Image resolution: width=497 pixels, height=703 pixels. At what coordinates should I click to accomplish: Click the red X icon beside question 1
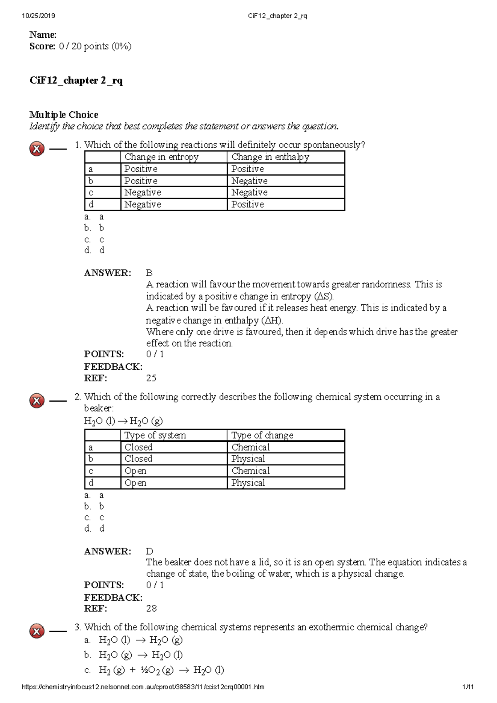pyautogui.click(x=37, y=149)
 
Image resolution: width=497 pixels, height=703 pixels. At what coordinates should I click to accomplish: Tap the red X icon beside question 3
pyautogui.click(x=37, y=631)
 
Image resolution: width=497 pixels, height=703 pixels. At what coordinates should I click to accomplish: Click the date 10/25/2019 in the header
pyautogui.click(x=38, y=16)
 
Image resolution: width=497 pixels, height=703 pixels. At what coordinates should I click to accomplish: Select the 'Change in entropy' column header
pyautogui.click(x=162, y=157)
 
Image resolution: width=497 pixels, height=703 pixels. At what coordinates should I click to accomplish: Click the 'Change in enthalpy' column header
pyautogui.click(x=270, y=157)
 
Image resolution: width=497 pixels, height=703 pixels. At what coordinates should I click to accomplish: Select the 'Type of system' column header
pyautogui.click(x=155, y=435)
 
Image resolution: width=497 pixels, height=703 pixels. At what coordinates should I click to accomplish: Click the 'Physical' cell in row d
pyautogui.click(x=248, y=483)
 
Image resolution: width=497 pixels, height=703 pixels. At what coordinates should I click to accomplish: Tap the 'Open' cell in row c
pyautogui.click(x=135, y=471)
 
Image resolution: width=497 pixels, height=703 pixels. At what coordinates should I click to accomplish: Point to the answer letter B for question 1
pyautogui.click(x=150, y=273)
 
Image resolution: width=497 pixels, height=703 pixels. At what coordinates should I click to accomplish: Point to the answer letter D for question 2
pyautogui.click(x=150, y=551)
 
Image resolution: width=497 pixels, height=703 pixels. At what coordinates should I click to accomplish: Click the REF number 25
pyautogui.click(x=151, y=378)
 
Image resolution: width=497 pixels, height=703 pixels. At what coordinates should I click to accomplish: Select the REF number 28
pyautogui.click(x=151, y=608)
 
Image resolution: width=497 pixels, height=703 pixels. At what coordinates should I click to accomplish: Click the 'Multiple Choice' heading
pyautogui.click(x=64, y=115)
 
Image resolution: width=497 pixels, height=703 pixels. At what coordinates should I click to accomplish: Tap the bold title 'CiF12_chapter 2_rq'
pyautogui.click(x=76, y=80)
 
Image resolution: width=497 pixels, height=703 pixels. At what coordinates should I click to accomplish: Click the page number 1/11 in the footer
pyautogui.click(x=468, y=687)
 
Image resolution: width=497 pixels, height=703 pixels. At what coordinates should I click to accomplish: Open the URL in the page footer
pyautogui.click(x=142, y=687)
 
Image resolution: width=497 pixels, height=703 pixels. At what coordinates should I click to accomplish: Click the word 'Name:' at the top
pyautogui.click(x=43, y=35)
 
